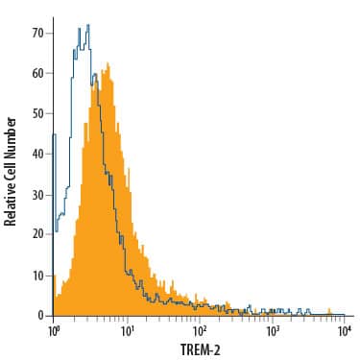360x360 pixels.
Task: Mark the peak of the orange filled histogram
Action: tap(108, 65)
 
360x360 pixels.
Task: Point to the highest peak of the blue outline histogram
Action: tap(87, 27)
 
